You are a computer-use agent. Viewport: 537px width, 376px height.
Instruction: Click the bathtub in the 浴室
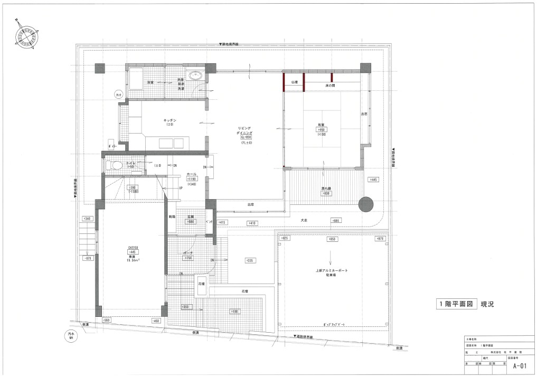(135, 79)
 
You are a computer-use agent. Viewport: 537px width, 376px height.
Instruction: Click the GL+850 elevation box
(247, 137)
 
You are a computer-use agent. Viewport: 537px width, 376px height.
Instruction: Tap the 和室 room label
(322, 124)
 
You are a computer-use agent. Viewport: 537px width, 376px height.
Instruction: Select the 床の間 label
(331, 85)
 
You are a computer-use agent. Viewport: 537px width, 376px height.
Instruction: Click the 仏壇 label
(294, 82)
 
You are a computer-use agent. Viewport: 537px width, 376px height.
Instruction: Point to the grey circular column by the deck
(365, 204)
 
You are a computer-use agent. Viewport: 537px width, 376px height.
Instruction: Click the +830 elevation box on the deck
(327, 194)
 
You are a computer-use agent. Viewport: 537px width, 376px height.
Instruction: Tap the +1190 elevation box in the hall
(192, 179)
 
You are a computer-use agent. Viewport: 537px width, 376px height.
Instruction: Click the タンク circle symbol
(119, 95)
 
